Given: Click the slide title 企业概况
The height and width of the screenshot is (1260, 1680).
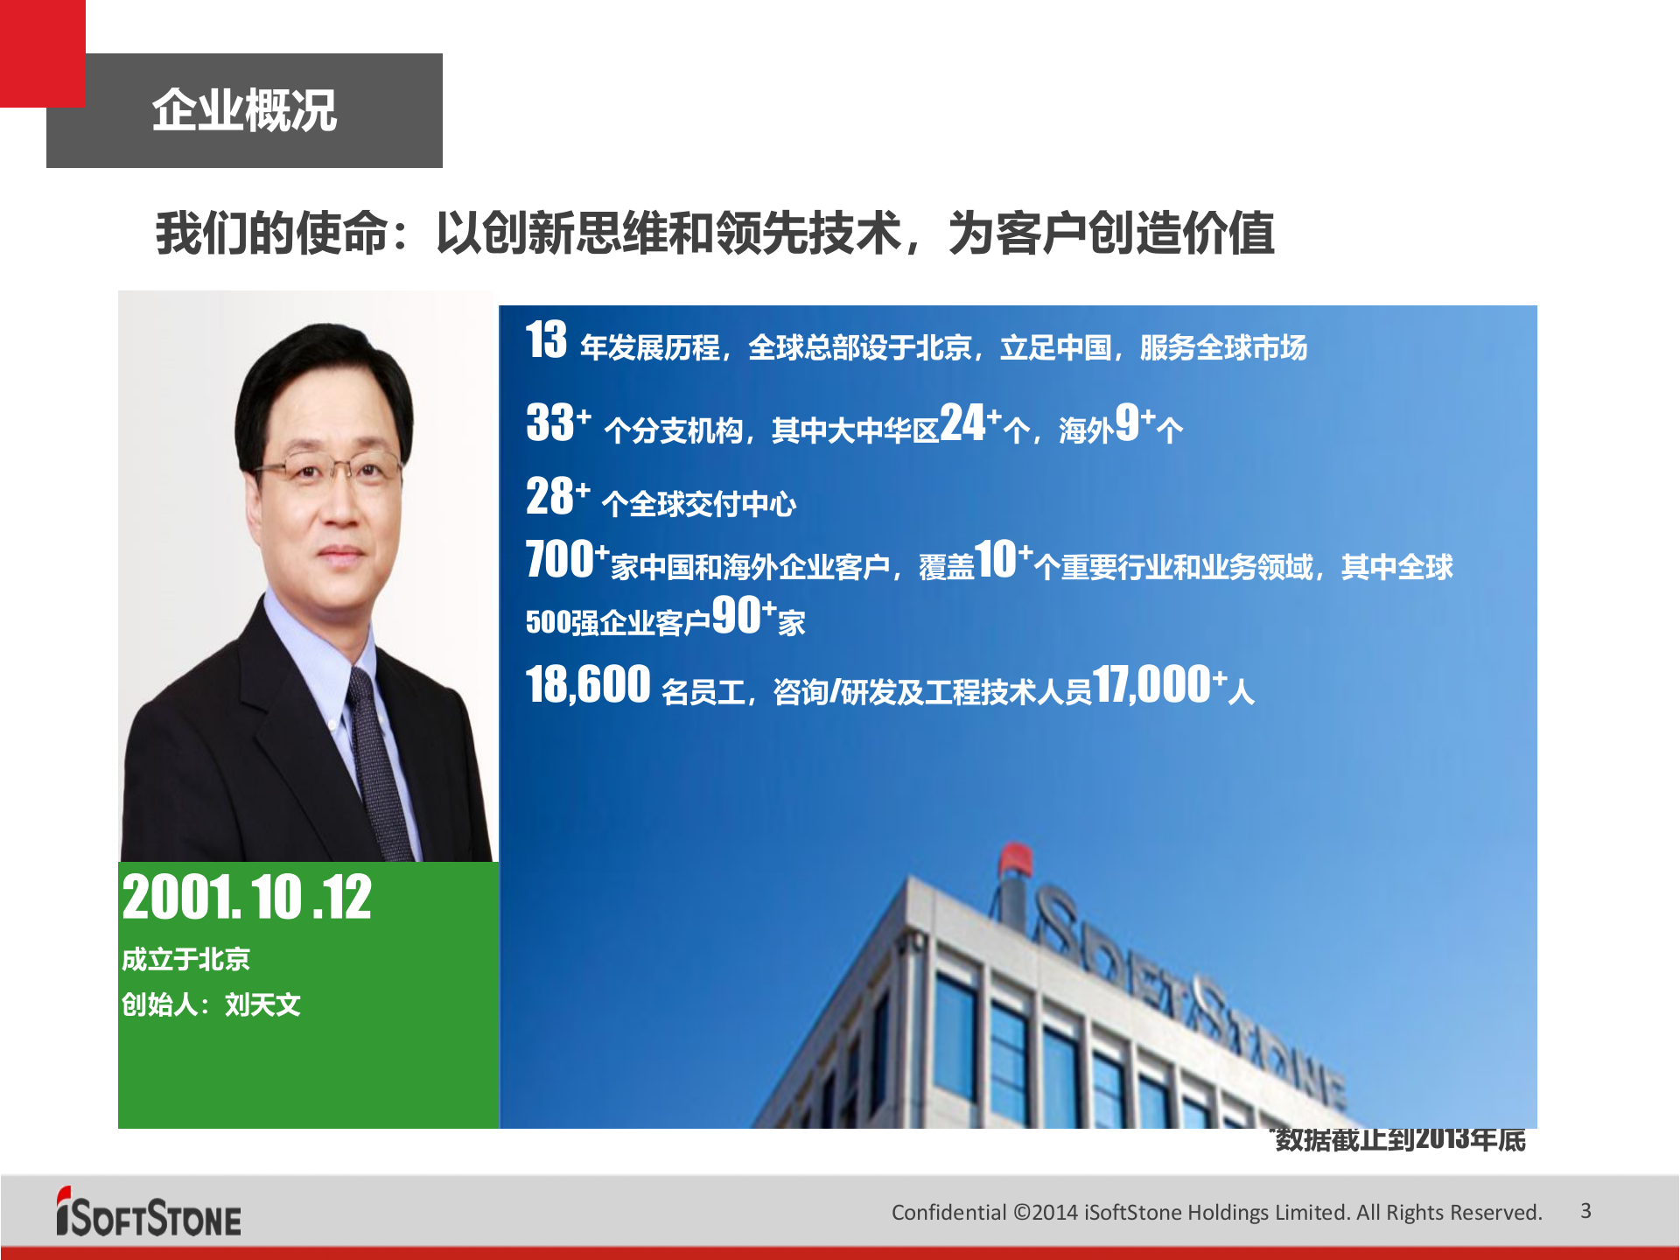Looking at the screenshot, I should tap(244, 111).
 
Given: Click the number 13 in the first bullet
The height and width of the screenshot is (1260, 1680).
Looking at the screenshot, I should tap(546, 340).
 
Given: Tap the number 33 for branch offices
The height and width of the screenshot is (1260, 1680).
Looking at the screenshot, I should tap(549, 423).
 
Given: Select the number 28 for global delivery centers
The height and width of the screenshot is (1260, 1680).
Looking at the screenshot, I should tap(549, 496).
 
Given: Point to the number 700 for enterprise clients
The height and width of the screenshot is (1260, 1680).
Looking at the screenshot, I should tap(560, 560).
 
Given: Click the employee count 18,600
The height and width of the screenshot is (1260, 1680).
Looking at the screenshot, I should tap(588, 684).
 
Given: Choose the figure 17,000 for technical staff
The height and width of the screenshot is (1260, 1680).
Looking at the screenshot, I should tap(1151, 684).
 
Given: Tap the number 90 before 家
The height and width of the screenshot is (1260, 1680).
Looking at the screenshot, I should tap(736, 615).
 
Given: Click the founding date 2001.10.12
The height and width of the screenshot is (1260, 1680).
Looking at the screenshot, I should tap(247, 898).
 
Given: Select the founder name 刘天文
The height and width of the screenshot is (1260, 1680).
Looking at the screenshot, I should tap(262, 1004).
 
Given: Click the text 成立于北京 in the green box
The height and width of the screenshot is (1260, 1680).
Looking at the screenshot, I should tap(185, 959).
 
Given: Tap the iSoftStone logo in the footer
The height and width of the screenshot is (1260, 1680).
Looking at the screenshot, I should tap(149, 1214).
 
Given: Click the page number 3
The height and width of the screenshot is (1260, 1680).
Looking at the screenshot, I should tap(1585, 1211).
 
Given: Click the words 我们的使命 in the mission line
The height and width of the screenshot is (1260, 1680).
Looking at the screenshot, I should tap(271, 234).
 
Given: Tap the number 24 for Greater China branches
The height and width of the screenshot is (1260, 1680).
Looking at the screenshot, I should tap(962, 423).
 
